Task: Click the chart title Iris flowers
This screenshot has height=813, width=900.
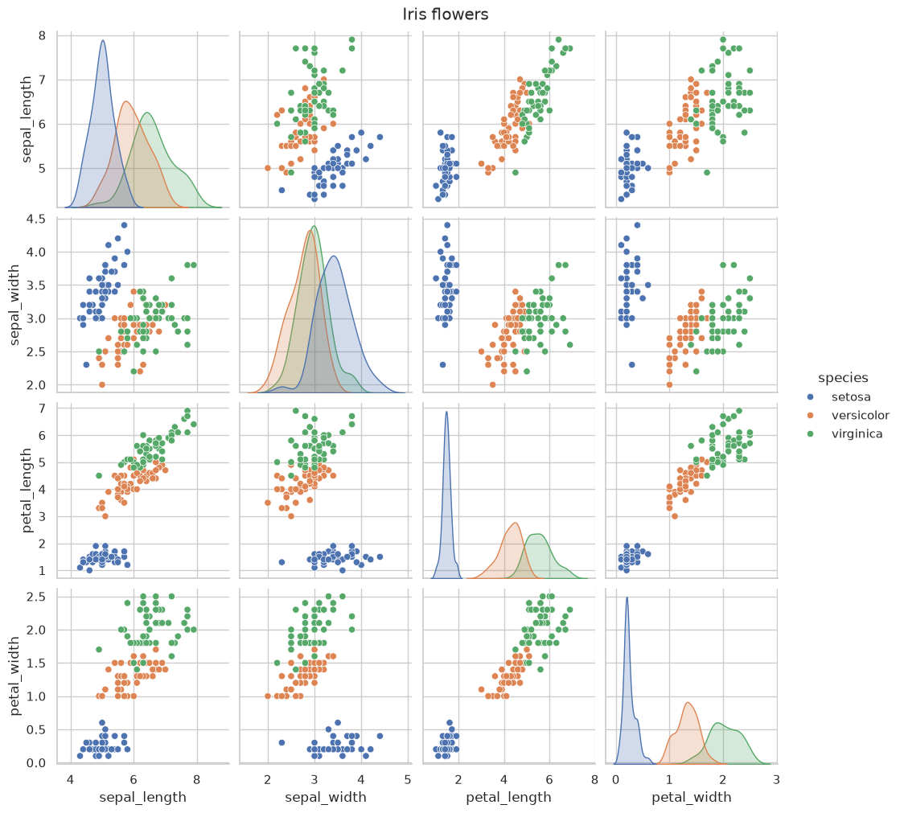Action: pyautogui.click(x=446, y=14)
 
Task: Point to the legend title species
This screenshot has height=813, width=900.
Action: pyautogui.click(x=843, y=378)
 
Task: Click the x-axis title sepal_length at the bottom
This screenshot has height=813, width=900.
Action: pyautogui.click(x=143, y=797)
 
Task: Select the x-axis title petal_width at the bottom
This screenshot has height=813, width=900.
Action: pyautogui.click(x=691, y=797)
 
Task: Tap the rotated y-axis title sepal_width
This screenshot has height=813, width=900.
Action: pyautogui.click(x=14, y=305)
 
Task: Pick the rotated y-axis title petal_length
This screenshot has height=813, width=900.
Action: pyautogui.click(x=27, y=491)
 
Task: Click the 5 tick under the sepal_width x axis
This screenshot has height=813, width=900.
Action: pyautogui.click(x=408, y=780)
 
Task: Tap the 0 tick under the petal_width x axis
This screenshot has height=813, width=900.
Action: pyautogui.click(x=616, y=780)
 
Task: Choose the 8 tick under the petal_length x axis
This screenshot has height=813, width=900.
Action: pyautogui.click(x=594, y=780)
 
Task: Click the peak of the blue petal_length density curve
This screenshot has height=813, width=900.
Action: pyautogui.click(x=446, y=412)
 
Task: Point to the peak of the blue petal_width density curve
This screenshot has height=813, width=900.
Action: pyautogui.click(x=627, y=597)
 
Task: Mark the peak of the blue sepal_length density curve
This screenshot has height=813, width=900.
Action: pyautogui.click(x=103, y=40)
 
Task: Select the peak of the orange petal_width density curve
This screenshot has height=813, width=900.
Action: pyautogui.click(x=688, y=703)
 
